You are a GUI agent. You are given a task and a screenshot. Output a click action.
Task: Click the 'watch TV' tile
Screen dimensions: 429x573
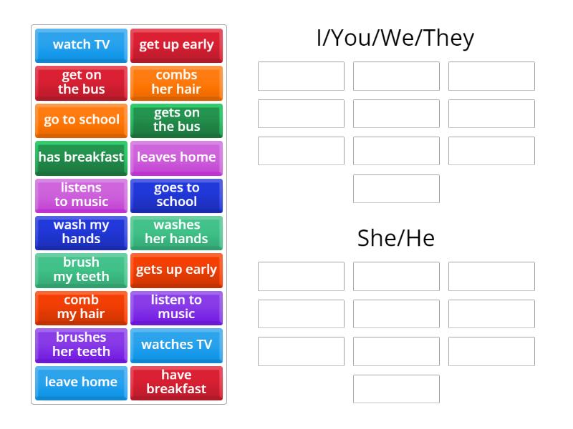point(81,45)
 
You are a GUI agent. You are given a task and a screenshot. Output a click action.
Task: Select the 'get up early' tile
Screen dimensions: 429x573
point(176,45)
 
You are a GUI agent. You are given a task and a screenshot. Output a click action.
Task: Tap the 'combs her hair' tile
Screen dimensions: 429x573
point(176,82)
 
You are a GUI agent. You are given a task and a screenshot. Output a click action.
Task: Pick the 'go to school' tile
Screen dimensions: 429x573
point(81,120)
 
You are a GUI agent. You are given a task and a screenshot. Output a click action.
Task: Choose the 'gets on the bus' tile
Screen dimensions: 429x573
point(176,120)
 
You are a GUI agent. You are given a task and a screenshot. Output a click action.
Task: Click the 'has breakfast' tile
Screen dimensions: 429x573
point(81,157)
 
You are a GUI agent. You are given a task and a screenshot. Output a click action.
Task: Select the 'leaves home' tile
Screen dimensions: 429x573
point(176,157)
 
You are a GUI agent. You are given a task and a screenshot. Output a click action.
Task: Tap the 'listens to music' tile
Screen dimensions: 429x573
point(81,194)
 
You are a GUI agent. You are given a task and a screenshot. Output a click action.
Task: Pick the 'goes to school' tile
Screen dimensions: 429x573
point(176,194)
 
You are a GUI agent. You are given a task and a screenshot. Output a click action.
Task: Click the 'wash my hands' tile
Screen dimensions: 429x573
point(81,232)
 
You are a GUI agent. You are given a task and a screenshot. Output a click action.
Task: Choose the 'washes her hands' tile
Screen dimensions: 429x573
point(176,232)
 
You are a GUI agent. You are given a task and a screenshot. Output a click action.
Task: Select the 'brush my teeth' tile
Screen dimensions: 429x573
point(81,270)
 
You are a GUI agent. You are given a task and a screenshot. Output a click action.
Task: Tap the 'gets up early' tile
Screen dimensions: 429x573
point(176,270)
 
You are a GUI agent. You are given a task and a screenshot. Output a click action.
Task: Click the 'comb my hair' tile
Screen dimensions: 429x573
point(81,307)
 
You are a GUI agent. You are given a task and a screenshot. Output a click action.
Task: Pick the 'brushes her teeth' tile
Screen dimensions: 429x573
point(81,345)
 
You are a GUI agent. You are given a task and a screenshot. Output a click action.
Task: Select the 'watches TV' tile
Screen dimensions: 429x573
point(176,345)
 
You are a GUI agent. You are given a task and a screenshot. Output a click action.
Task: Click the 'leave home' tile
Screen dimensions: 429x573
point(81,383)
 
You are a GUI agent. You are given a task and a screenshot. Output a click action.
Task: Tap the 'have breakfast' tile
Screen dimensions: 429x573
point(176,383)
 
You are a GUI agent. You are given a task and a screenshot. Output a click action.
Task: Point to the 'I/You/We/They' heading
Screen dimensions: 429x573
point(395,38)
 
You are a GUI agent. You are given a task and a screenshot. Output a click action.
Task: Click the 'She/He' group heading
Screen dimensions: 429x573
point(395,238)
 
